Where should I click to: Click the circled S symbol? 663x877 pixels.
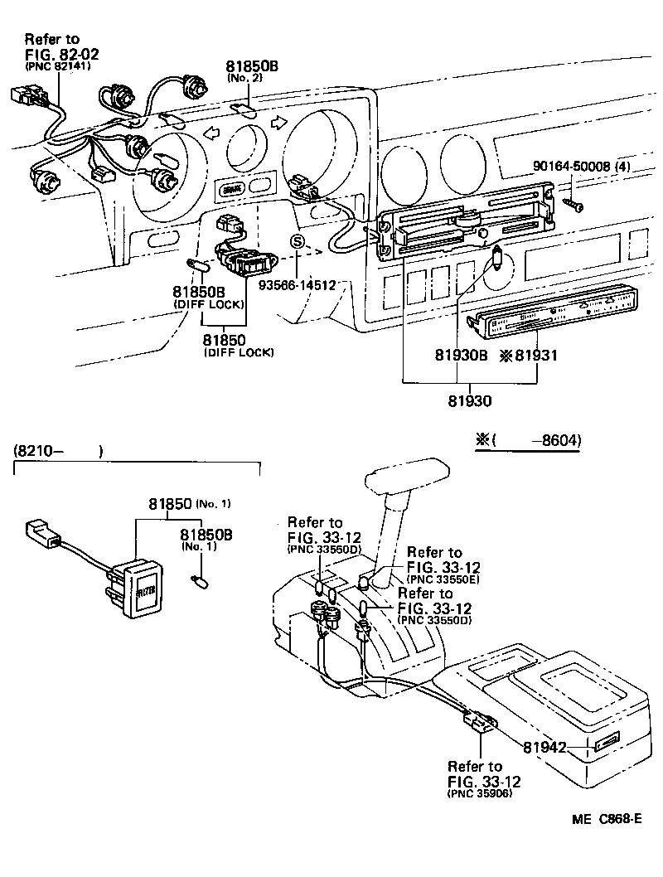tap(298, 241)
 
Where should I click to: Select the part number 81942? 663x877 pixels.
tap(544, 747)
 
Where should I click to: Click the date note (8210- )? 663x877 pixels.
tap(57, 452)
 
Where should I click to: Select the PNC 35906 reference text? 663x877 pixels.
tap(479, 793)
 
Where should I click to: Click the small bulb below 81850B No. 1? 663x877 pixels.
tap(199, 578)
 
